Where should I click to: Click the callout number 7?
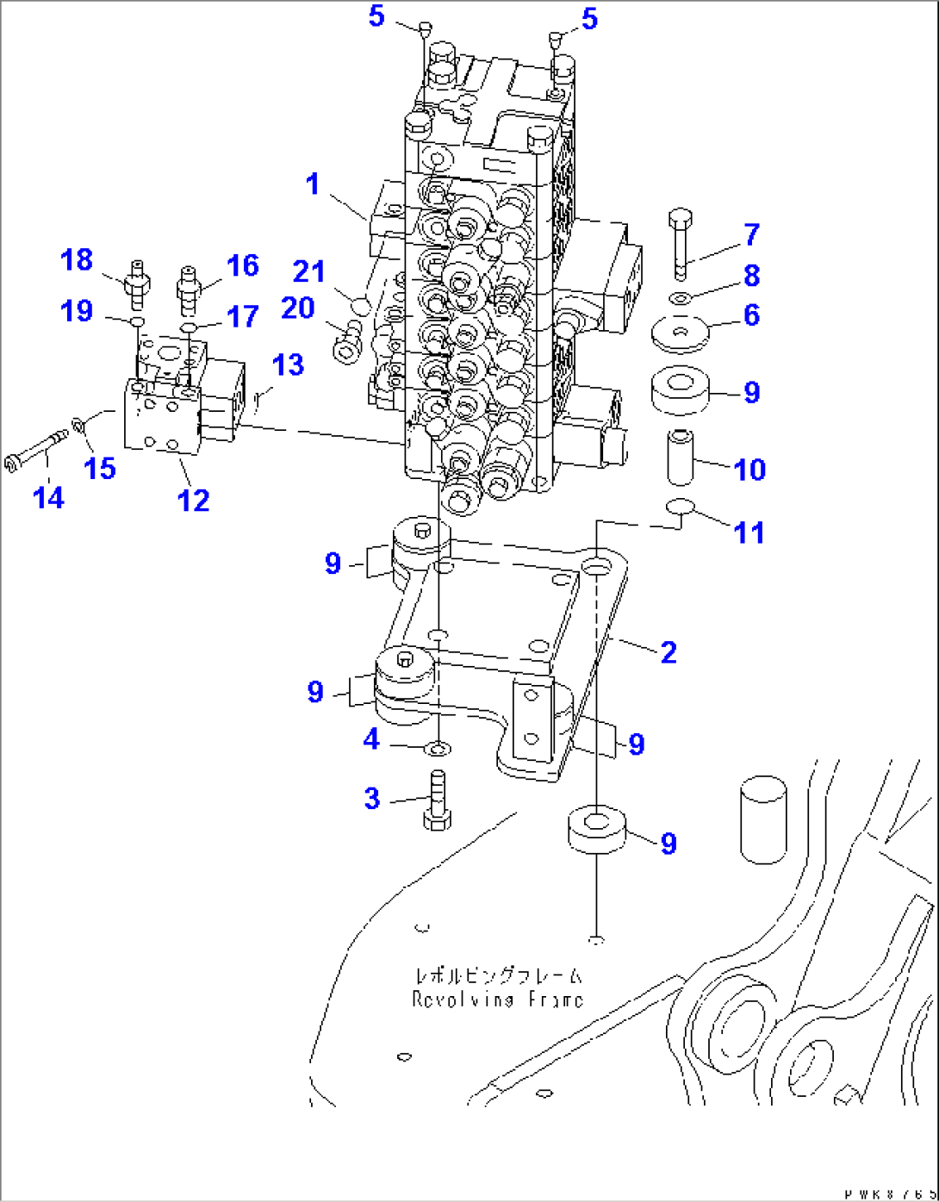click(751, 234)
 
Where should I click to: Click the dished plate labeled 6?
click(680, 334)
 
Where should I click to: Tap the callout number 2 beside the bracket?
click(668, 652)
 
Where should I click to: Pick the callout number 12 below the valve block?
click(193, 501)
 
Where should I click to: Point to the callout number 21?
click(308, 272)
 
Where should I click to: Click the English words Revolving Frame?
click(497, 1000)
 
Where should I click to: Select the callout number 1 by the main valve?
click(313, 184)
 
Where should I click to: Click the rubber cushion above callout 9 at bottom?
click(596, 829)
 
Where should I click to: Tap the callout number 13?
click(288, 365)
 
